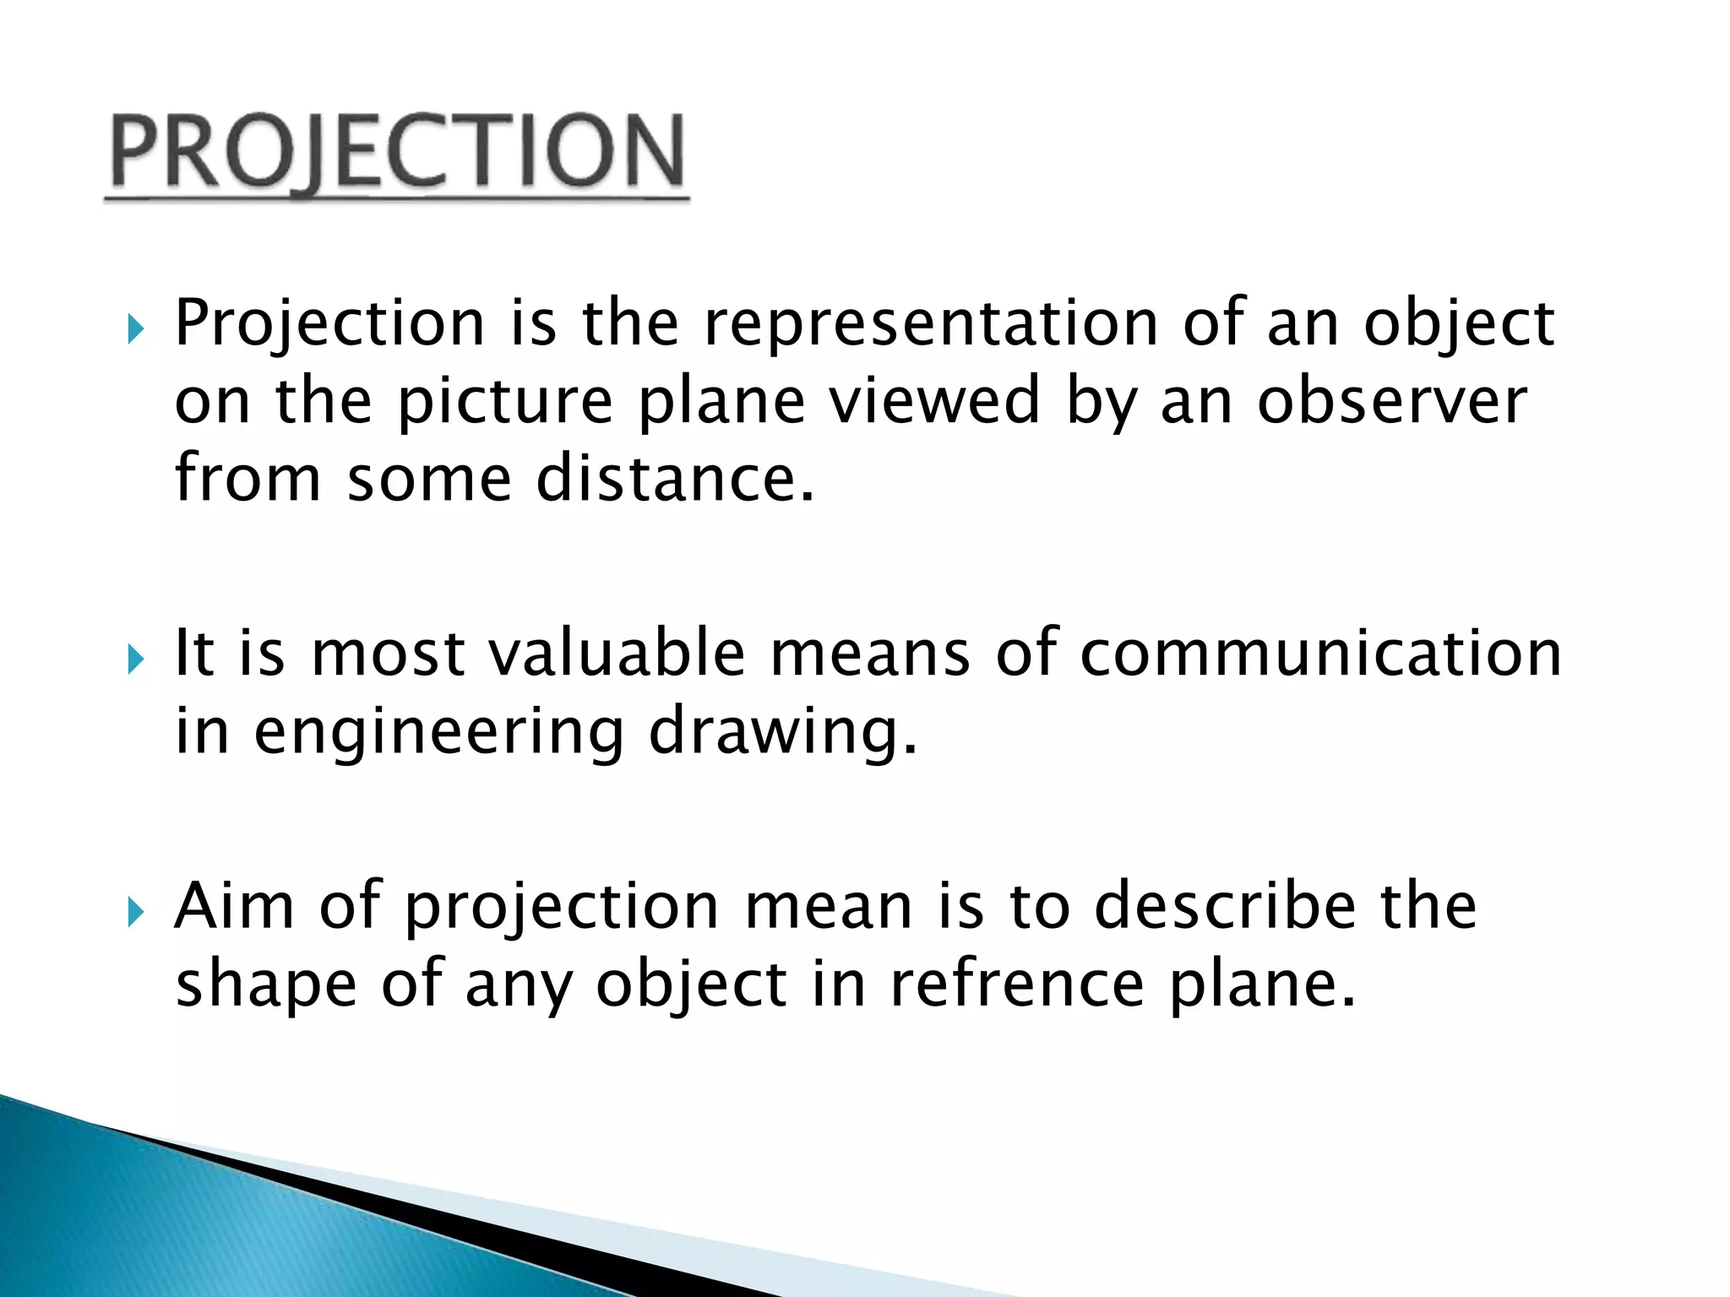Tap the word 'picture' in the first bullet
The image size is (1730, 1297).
point(505,403)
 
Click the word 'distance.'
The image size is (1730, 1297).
point(676,479)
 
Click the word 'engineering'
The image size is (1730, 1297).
point(438,733)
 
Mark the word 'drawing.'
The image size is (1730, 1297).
point(782,733)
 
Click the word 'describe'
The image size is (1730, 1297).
point(1225,906)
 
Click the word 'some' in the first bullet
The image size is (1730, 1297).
point(429,479)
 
